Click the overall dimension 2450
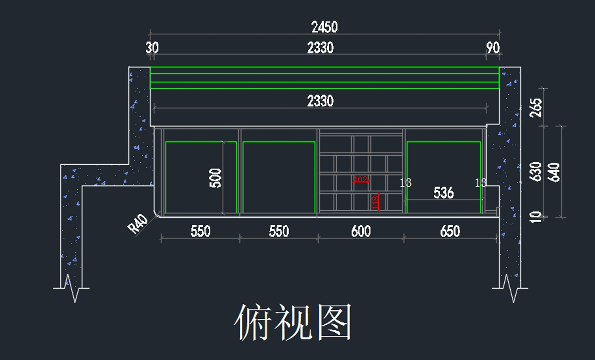pyautogui.click(x=324, y=27)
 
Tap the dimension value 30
pyautogui.click(x=152, y=48)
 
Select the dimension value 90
pyautogui.click(x=493, y=48)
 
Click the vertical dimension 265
pyautogui.click(x=535, y=107)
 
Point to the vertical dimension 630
pyautogui.click(x=535, y=172)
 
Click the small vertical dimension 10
pyautogui.click(x=535, y=217)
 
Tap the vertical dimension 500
pyautogui.click(x=216, y=178)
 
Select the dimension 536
pyautogui.click(x=443, y=192)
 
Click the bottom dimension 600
pyautogui.click(x=360, y=231)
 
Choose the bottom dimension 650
pyautogui.click(x=450, y=231)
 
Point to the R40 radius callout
pyautogui.click(x=137, y=224)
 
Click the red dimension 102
pyautogui.click(x=360, y=180)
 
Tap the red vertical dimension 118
pyautogui.click(x=375, y=202)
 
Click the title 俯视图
pyautogui.click(x=293, y=322)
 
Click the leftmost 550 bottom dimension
pyautogui.click(x=200, y=231)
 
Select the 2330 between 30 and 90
pyautogui.click(x=320, y=48)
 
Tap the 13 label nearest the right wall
pyautogui.click(x=480, y=183)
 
